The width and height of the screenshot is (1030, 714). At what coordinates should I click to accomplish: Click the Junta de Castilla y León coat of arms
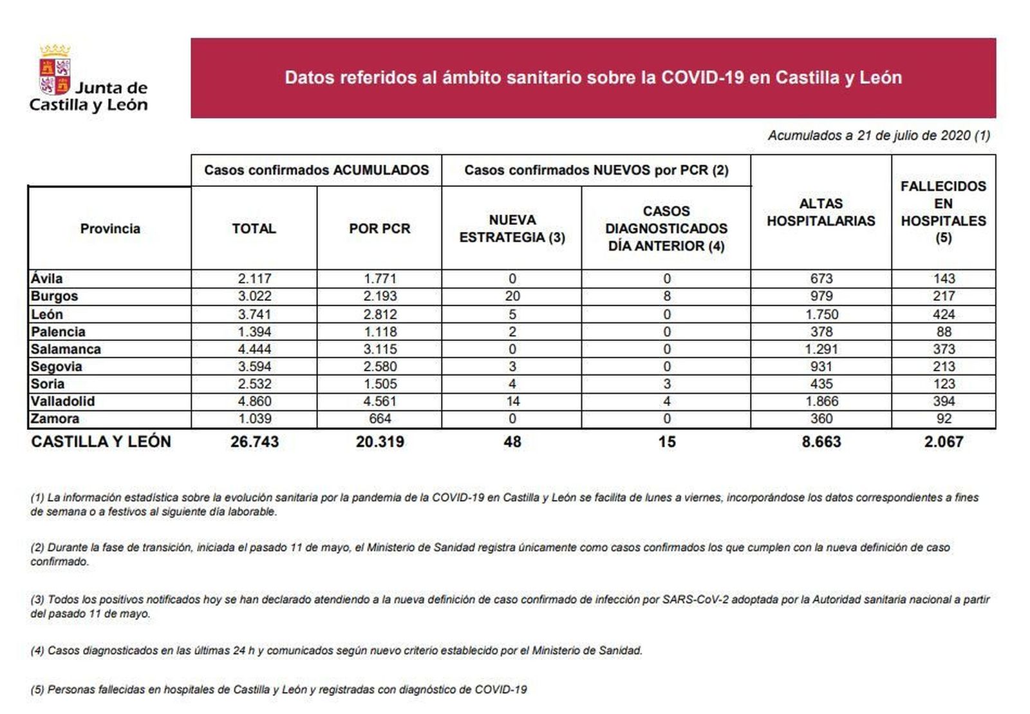click(x=55, y=70)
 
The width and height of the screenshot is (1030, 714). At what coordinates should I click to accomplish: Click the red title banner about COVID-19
click(x=593, y=78)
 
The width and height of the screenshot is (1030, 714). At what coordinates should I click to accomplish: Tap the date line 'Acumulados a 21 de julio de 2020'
click(x=879, y=135)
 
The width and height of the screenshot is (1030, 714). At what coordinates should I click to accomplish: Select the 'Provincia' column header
click(x=110, y=229)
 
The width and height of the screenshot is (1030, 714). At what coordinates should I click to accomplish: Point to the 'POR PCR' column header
click(x=379, y=229)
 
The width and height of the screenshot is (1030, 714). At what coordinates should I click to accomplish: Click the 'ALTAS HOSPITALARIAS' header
click(x=821, y=212)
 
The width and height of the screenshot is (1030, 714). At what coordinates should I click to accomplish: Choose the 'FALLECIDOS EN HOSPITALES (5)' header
click(x=943, y=212)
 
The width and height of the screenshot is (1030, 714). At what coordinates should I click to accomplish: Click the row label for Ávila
click(x=47, y=279)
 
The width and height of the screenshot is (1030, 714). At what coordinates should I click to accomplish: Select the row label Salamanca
click(x=66, y=349)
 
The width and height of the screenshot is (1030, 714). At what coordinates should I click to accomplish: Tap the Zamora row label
click(x=55, y=419)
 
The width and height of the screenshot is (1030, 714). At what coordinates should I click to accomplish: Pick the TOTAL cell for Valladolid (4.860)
click(x=254, y=401)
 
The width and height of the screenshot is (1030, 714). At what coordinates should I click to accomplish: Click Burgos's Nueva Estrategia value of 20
click(x=512, y=296)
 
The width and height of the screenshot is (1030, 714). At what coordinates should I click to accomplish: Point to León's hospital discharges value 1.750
click(x=821, y=314)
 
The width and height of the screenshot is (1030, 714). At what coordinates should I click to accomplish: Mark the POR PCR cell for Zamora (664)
click(x=380, y=419)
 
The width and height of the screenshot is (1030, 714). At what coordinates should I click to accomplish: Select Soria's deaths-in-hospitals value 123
click(x=944, y=384)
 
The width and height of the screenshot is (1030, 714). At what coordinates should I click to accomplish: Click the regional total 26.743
click(x=254, y=442)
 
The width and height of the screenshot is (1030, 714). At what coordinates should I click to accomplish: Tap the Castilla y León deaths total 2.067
click(x=944, y=442)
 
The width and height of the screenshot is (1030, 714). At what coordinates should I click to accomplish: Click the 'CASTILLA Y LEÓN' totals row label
click(x=101, y=442)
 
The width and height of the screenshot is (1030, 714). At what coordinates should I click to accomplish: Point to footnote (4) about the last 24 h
click(x=336, y=651)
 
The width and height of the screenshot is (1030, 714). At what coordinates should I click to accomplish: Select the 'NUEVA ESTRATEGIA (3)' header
click(x=512, y=229)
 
